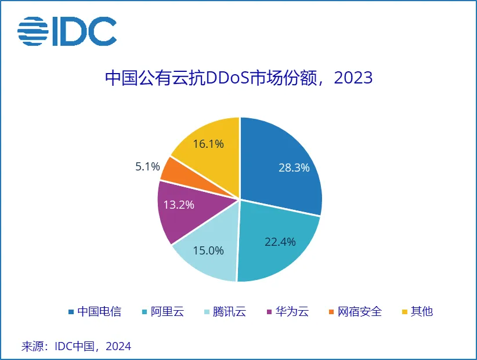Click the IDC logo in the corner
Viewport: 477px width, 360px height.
pyautogui.click(x=67, y=31)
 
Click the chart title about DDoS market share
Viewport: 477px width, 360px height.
pyautogui.click(x=238, y=78)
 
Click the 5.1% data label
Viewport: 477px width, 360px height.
pyautogui.click(x=147, y=167)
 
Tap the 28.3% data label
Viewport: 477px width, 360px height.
pyautogui.click(x=293, y=168)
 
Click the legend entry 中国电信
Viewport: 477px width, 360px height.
pyautogui.click(x=99, y=312)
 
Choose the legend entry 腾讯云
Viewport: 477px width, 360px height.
pyautogui.click(x=229, y=312)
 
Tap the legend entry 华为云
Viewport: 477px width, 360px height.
pyautogui.click(x=292, y=312)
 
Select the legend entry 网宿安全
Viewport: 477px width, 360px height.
pyautogui.click(x=360, y=312)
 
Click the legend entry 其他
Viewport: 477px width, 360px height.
pyautogui.click(x=422, y=312)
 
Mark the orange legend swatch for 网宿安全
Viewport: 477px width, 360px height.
pyautogui.click(x=331, y=312)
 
